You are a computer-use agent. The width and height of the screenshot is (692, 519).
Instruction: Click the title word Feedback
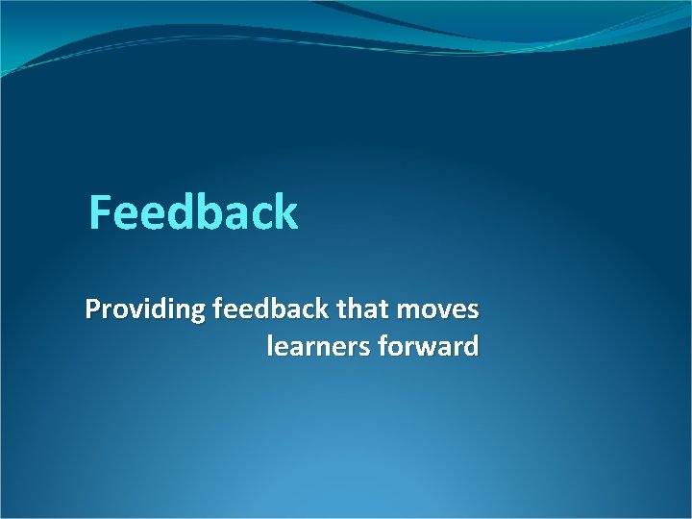(x=193, y=212)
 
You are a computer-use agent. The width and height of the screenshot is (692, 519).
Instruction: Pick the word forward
(x=430, y=346)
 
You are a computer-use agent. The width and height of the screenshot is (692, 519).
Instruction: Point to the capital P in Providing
(x=92, y=310)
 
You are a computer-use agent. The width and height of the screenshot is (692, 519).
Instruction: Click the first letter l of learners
(x=269, y=345)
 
